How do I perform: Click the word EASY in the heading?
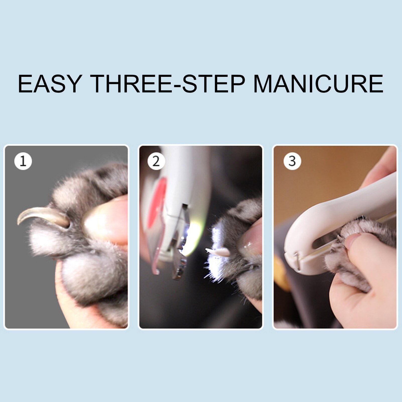50,83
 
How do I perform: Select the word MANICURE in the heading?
318,83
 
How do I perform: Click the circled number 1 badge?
23,161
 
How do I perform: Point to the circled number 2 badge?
156,161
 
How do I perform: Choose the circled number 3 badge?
292,161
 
